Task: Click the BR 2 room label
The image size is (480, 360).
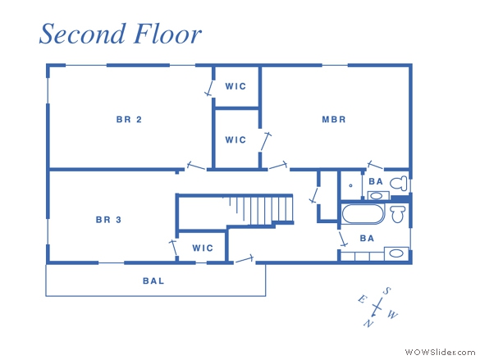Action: point(129,119)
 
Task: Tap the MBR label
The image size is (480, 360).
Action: point(334,119)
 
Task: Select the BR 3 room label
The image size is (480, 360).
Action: point(108,220)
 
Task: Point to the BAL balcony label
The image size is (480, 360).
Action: point(153,280)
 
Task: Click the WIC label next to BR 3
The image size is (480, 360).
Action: point(203,248)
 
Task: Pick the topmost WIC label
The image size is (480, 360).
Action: point(235,86)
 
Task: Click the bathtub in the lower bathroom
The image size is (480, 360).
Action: point(363,214)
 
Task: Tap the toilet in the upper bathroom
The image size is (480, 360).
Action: point(399,183)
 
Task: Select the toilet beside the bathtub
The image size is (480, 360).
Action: point(398,213)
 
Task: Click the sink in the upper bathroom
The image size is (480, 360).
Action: point(377,196)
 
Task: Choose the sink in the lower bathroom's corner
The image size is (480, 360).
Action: point(396,253)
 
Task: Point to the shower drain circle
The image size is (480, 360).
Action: point(351,185)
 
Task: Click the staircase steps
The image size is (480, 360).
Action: point(262,210)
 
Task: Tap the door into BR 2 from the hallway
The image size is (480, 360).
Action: point(195,166)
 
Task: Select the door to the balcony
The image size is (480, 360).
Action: point(245,259)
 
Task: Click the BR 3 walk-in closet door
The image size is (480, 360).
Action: point(173,248)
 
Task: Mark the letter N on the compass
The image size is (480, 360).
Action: point(368,323)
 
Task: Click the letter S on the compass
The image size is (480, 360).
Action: point(387,291)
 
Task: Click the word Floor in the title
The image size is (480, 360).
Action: point(167,34)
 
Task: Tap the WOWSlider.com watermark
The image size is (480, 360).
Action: point(440,352)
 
